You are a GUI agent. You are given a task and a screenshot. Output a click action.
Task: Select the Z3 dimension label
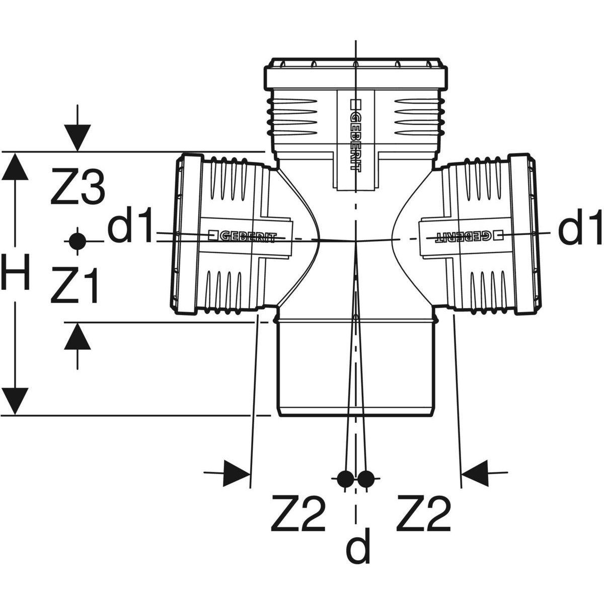(x=78, y=188)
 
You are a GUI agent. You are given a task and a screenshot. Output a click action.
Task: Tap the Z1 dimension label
(x=74, y=285)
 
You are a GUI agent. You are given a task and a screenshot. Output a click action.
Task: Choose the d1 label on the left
(x=130, y=230)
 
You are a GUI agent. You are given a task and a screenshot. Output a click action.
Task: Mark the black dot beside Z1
(x=77, y=241)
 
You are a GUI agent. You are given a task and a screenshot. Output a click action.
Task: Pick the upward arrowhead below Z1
(x=77, y=336)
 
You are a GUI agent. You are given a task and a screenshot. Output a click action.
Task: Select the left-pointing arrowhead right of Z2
(x=475, y=473)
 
